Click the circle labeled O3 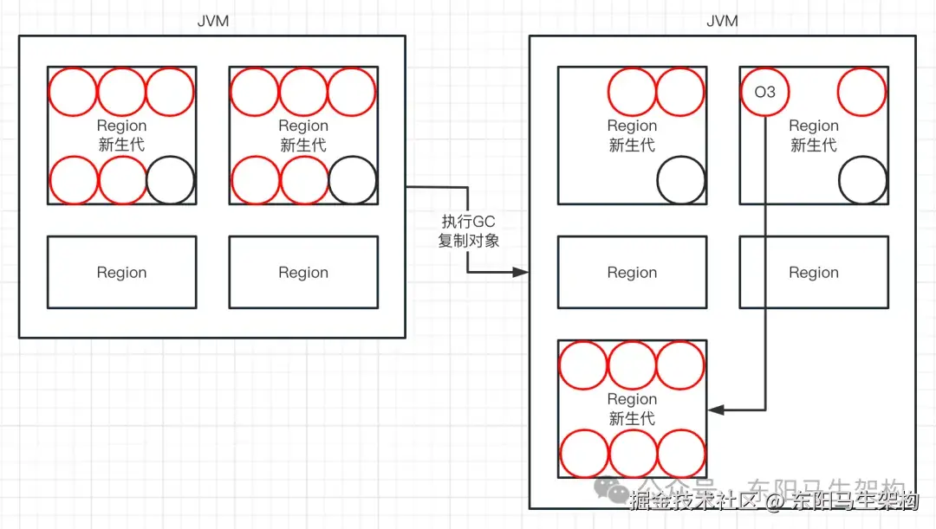[765, 91]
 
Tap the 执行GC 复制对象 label [468, 231]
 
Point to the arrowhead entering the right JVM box [522, 272]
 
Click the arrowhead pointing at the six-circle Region [715, 409]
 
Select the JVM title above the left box [213, 21]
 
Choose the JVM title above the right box [723, 21]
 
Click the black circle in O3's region [862, 180]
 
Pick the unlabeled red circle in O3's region [862, 91]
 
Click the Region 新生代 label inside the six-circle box [632, 409]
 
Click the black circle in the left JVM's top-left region [171, 180]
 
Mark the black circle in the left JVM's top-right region [353, 180]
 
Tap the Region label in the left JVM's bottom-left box [121, 273]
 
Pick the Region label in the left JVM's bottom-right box [303, 273]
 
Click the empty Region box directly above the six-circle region [632, 273]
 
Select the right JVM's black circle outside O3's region [680, 180]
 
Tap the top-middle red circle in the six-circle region [632, 364]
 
